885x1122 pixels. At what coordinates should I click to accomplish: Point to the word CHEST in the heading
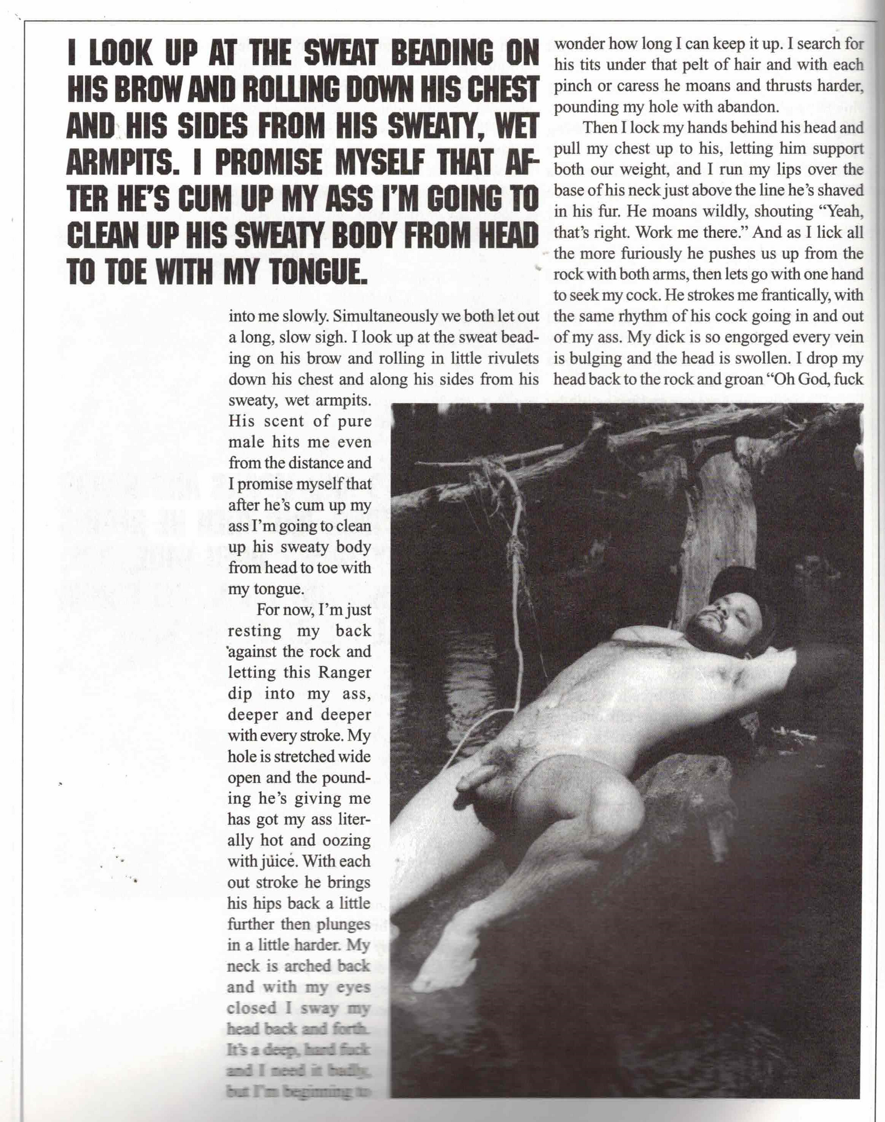[x=505, y=91]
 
